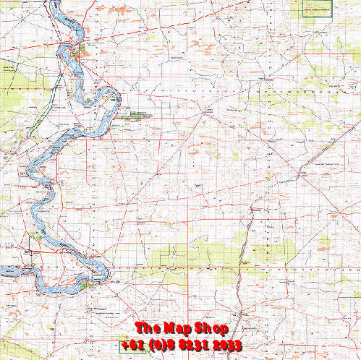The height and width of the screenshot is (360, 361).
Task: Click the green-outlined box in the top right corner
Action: pyautogui.click(x=316, y=8)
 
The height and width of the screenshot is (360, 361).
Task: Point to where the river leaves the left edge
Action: pyautogui.click(x=2, y=272)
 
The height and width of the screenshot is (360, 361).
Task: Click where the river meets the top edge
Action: pyautogui.click(x=56, y=2)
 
